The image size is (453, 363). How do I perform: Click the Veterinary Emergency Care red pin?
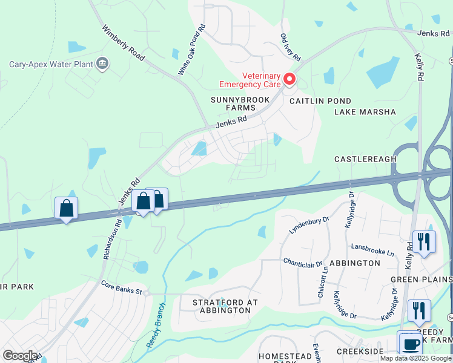289,79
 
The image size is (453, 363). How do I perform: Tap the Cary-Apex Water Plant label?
51,64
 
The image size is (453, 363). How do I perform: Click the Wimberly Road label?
123,43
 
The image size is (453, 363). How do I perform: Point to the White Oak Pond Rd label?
191,50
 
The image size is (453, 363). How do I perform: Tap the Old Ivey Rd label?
291,47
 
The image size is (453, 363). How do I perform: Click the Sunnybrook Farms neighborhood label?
233,103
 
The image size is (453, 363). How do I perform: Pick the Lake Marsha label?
365,112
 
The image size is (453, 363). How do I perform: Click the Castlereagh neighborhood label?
365,159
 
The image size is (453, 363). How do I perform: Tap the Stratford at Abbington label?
221,306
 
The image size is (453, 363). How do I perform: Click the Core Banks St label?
121,288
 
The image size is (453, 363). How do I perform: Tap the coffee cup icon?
410,343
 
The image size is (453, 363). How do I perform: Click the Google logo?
21,356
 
